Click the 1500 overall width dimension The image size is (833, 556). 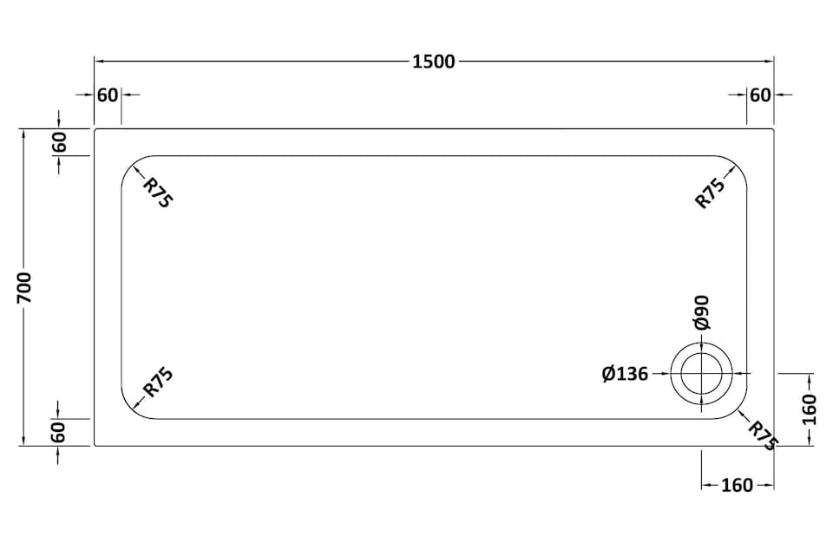click(x=434, y=62)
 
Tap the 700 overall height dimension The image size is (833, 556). click(x=24, y=287)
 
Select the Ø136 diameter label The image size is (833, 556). click(x=625, y=374)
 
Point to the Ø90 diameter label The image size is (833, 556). click(x=701, y=313)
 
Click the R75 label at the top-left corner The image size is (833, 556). click(x=158, y=193)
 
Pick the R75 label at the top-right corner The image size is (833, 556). click(x=710, y=193)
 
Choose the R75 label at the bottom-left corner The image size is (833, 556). click(x=158, y=382)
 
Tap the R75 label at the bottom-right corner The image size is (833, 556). click(x=763, y=435)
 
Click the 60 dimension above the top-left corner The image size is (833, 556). click(x=108, y=95)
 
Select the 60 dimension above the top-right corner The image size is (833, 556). click(x=760, y=95)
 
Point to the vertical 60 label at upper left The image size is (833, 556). click(x=59, y=141)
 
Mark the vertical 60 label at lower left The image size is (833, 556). click(x=59, y=432)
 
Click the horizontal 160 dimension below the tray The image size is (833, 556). click(x=737, y=485)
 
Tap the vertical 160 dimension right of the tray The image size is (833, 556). click(x=808, y=409)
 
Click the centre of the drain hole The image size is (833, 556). click(x=702, y=373)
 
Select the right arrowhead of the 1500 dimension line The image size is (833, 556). click(x=770, y=62)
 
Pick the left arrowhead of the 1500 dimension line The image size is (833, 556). click(x=99, y=62)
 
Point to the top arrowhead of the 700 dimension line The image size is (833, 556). click(x=23, y=134)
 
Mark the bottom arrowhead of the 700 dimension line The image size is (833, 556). click(x=23, y=441)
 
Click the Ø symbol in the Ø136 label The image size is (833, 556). click(x=608, y=374)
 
